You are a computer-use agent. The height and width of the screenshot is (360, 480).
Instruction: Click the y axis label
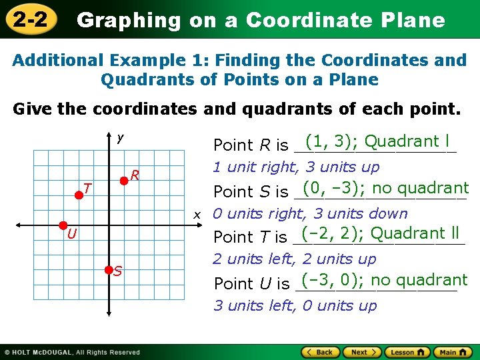coord(120,138)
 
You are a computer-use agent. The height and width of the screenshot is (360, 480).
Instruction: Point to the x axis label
coord(197,215)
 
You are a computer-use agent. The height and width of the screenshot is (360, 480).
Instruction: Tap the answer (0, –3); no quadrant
coord(385,189)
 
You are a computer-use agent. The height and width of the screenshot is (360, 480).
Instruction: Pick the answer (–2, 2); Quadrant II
coord(381,233)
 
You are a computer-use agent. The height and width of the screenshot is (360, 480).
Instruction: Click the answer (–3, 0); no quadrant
coord(384,280)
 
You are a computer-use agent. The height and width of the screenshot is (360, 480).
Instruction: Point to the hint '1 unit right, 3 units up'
coord(296,167)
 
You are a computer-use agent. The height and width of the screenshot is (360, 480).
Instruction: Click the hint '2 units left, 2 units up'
coord(295,259)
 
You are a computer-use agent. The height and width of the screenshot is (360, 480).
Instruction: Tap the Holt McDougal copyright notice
coord(72,352)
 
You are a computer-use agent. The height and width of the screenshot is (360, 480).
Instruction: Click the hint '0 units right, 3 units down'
coord(310,214)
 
